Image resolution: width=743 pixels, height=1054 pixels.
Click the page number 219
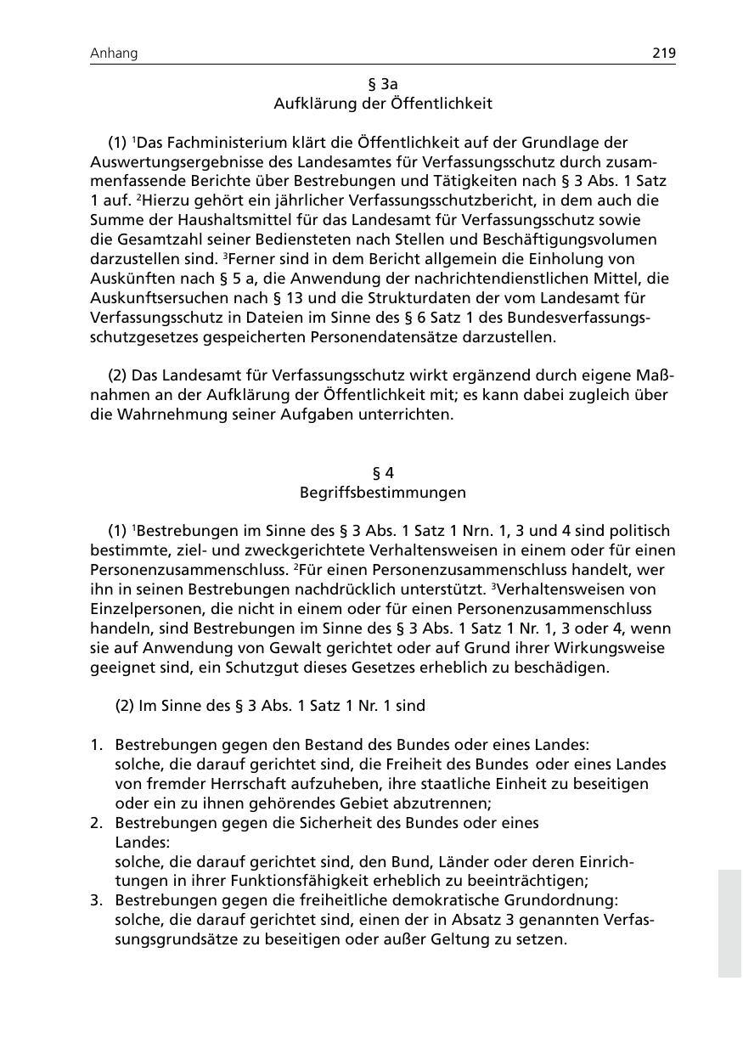click(x=664, y=54)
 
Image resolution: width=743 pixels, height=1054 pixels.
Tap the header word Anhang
click(x=114, y=54)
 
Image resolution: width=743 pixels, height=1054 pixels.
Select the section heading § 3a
click(x=382, y=84)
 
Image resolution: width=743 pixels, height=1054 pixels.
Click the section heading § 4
click(x=382, y=473)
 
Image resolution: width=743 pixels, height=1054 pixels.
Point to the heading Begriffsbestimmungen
click(x=382, y=493)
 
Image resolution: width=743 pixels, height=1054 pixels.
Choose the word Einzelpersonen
click(x=142, y=609)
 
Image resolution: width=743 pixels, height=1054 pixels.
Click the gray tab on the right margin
click(x=729, y=923)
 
